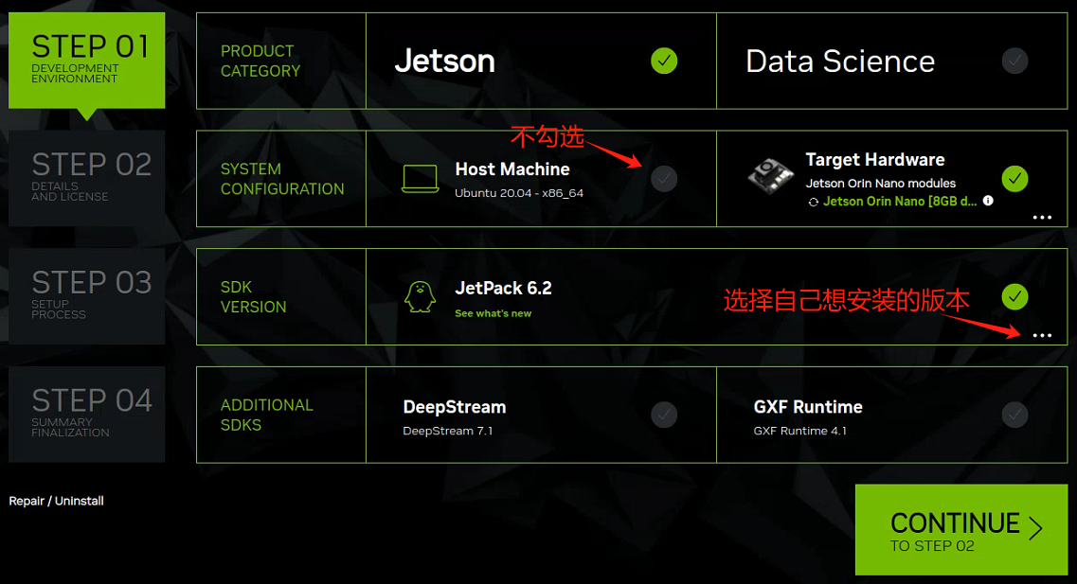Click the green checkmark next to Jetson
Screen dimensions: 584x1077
pyautogui.click(x=664, y=62)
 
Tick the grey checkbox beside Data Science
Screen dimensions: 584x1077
pyautogui.click(x=1014, y=62)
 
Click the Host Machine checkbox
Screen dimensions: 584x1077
pyautogui.click(x=664, y=179)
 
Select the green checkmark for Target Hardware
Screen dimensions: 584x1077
pyautogui.click(x=1014, y=179)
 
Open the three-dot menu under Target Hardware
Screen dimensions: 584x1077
pyautogui.click(x=1042, y=218)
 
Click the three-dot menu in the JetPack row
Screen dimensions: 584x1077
pyautogui.click(x=1042, y=336)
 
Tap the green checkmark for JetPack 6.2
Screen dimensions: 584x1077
pyautogui.click(x=1014, y=297)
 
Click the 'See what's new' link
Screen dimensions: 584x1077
pyautogui.click(x=493, y=313)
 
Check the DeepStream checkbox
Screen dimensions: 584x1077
pyautogui.click(x=664, y=415)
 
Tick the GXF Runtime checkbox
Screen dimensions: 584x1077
pyautogui.click(x=1014, y=415)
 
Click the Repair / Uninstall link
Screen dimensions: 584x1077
pyautogui.click(x=56, y=501)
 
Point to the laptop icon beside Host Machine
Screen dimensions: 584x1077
pyautogui.click(x=420, y=179)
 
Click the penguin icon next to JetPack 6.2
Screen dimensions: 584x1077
pyautogui.click(x=420, y=296)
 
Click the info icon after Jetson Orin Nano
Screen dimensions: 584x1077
pyautogui.click(x=988, y=201)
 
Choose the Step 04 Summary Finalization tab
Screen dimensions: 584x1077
pyautogui.click(x=86, y=415)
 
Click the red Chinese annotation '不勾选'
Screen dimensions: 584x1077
pyautogui.click(x=547, y=136)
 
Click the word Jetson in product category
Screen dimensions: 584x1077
pyautogui.click(x=444, y=62)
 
